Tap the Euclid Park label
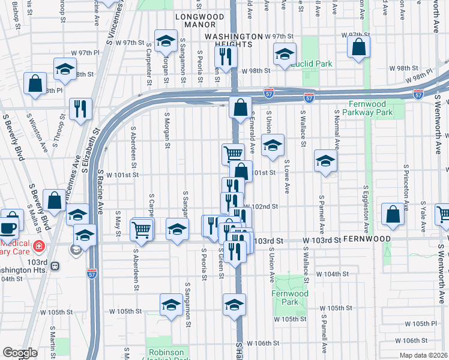click(x=311, y=63)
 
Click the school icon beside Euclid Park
click(x=285, y=55)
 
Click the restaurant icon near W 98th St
click(x=226, y=58)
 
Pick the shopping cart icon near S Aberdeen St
click(x=142, y=229)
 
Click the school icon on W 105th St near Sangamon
click(x=171, y=305)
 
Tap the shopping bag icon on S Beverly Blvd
click(x=54, y=201)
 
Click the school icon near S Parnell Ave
click(x=325, y=161)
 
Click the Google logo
click(x=20, y=353)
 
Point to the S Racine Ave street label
click(x=100, y=190)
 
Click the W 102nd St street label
click(x=262, y=206)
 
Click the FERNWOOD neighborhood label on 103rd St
click(x=367, y=239)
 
